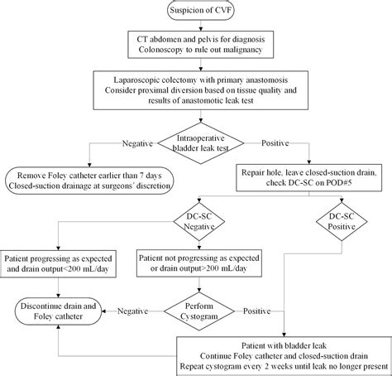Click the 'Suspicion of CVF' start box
coord(196,12)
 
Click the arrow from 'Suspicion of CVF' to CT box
coord(196,27)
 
